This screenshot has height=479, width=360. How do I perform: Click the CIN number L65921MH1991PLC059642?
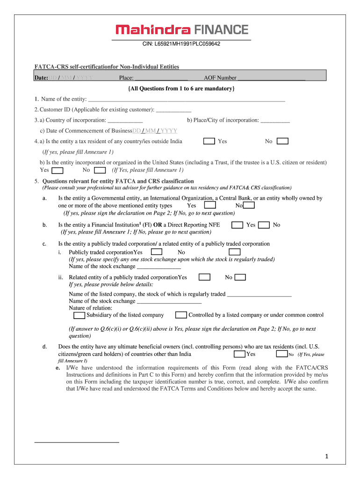point(181,44)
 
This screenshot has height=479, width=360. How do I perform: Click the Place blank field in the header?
point(161,78)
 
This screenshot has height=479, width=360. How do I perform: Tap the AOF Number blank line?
point(271,78)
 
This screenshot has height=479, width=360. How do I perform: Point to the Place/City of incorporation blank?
point(275,120)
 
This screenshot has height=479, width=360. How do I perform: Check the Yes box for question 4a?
point(209,141)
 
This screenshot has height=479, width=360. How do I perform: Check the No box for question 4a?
point(282,141)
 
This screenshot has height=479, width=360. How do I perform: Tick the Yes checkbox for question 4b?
point(58,170)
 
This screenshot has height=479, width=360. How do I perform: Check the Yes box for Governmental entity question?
point(210,205)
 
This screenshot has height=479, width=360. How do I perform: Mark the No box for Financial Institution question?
point(264,225)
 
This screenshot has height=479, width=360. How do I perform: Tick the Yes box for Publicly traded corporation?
point(157,252)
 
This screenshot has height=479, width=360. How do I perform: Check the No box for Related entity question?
point(240,277)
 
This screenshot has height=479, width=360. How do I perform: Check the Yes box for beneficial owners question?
point(239,354)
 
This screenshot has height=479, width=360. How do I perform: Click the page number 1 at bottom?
point(328,456)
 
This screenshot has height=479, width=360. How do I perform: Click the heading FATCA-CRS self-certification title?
point(107,67)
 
